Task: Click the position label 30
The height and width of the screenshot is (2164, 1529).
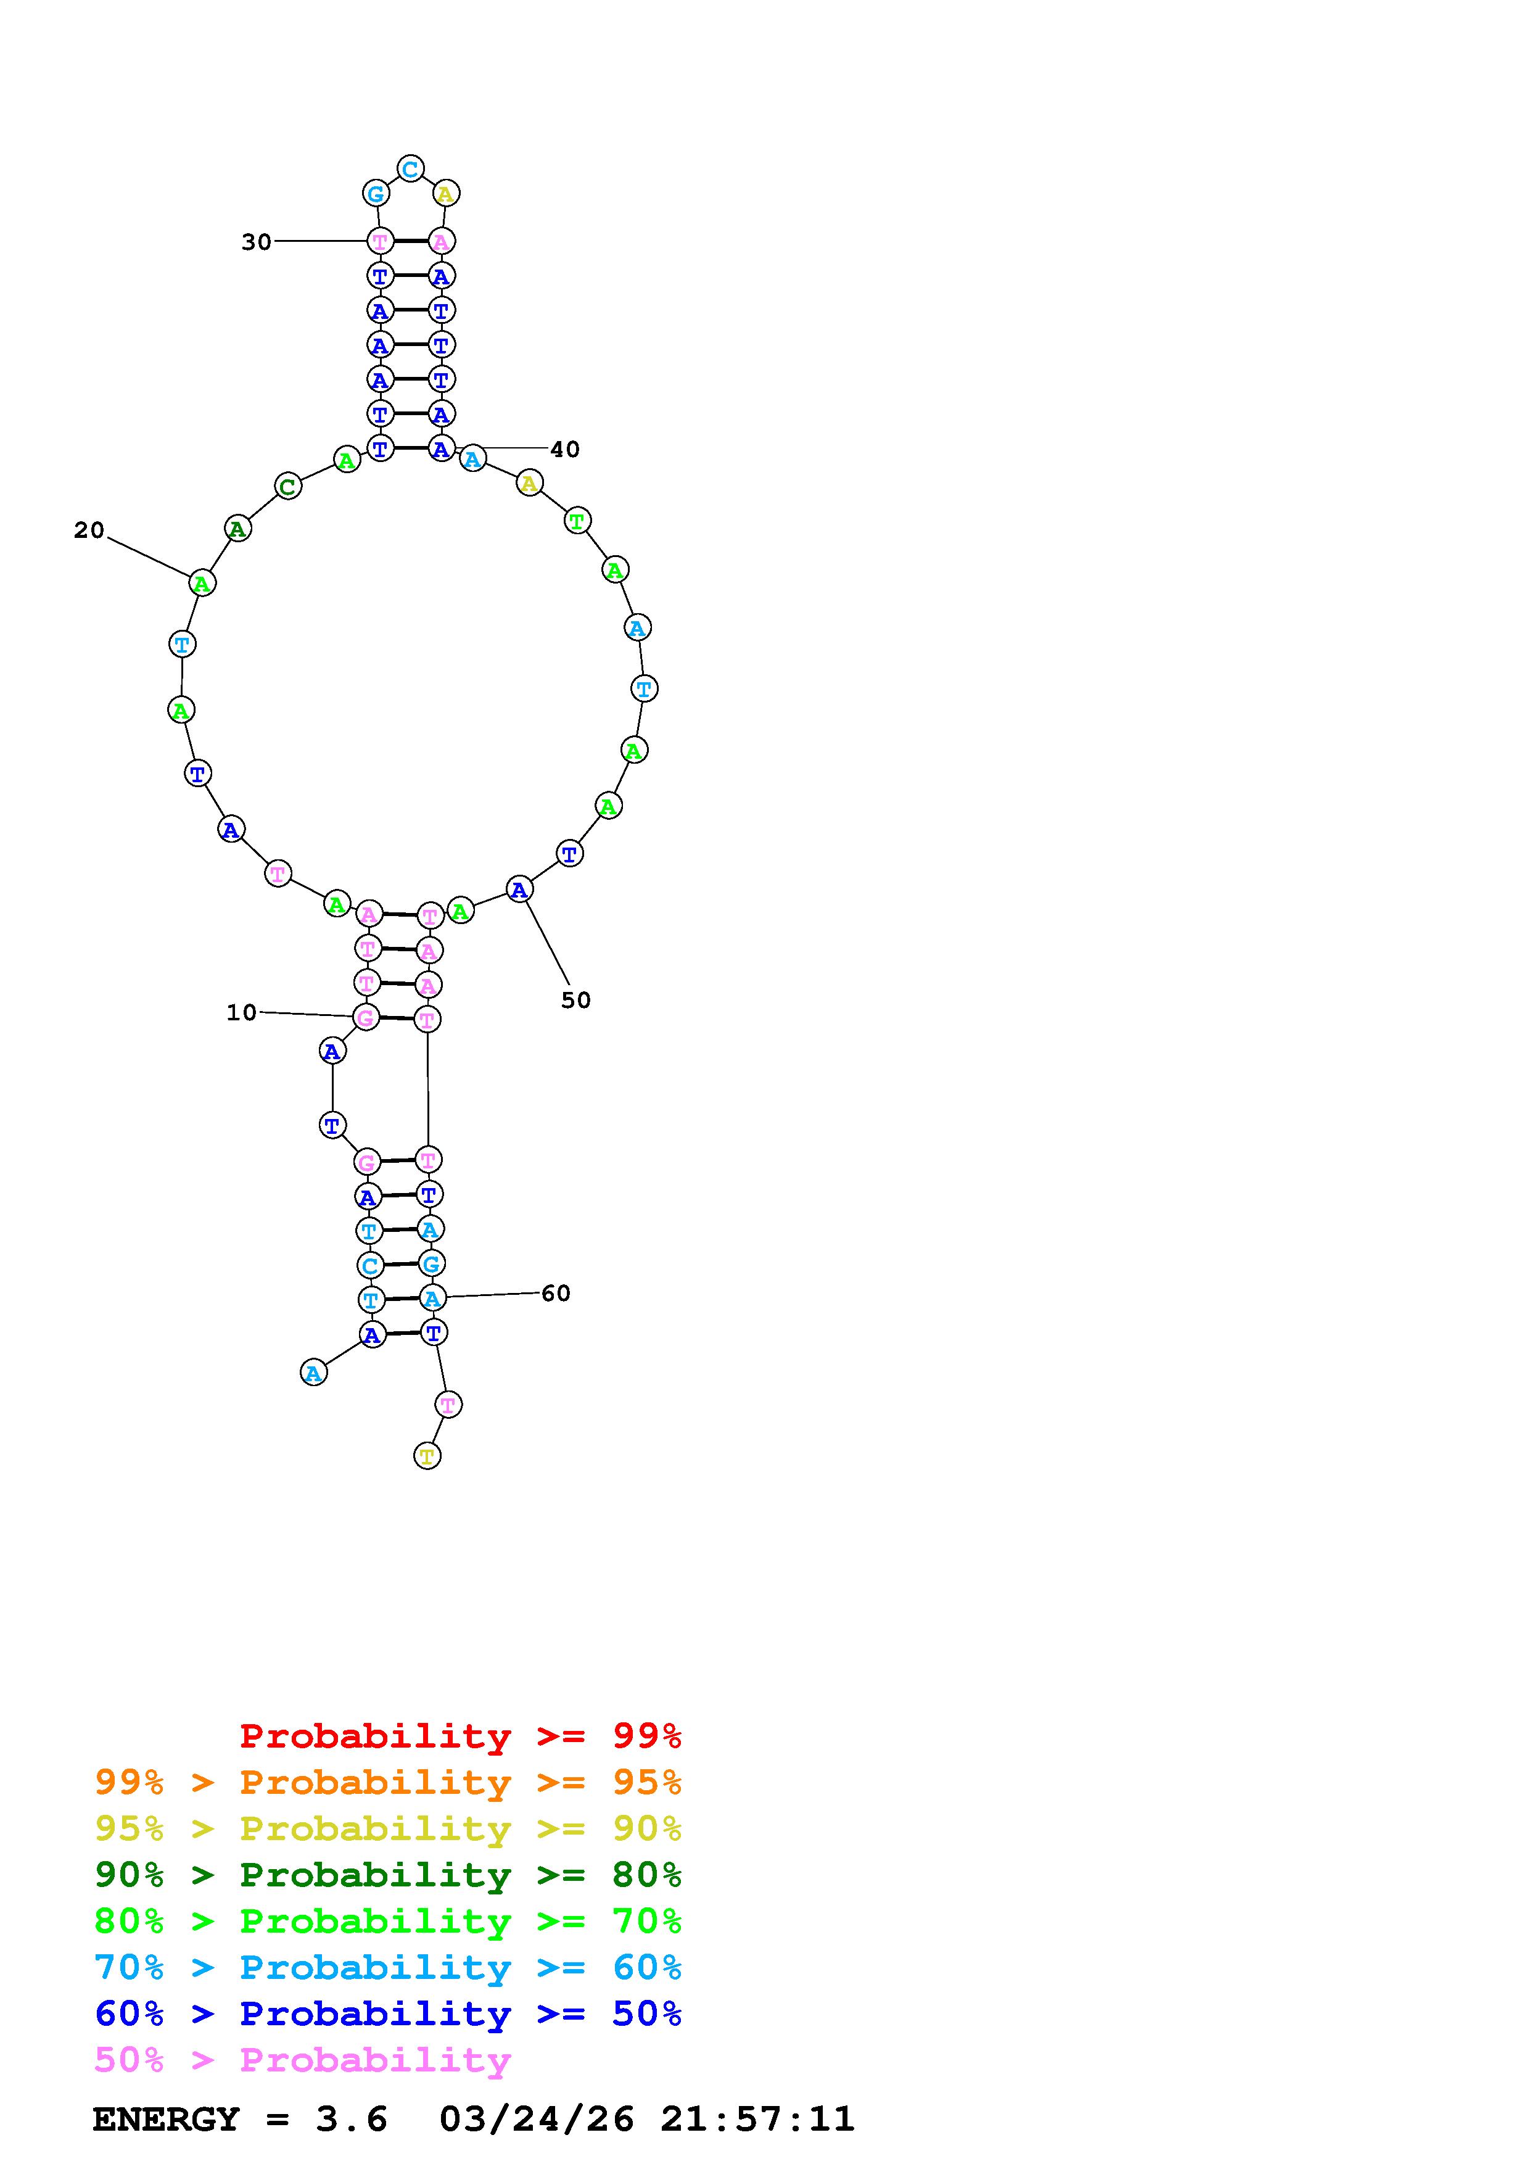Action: [x=256, y=242]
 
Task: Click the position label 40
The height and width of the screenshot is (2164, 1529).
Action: [x=565, y=450]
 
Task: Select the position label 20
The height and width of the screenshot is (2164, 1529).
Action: [x=89, y=531]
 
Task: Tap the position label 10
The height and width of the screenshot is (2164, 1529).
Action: [x=241, y=1012]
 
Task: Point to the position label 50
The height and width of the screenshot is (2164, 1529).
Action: [x=575, y=1000]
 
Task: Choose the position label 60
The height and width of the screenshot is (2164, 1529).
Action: [x=556, y=1293]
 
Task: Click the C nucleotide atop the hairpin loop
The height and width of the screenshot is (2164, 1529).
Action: [x=410, y=170]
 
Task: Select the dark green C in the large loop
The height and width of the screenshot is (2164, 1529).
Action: [x=287, y=487]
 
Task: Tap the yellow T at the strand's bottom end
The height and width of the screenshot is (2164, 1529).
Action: [x=427, y=1456]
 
